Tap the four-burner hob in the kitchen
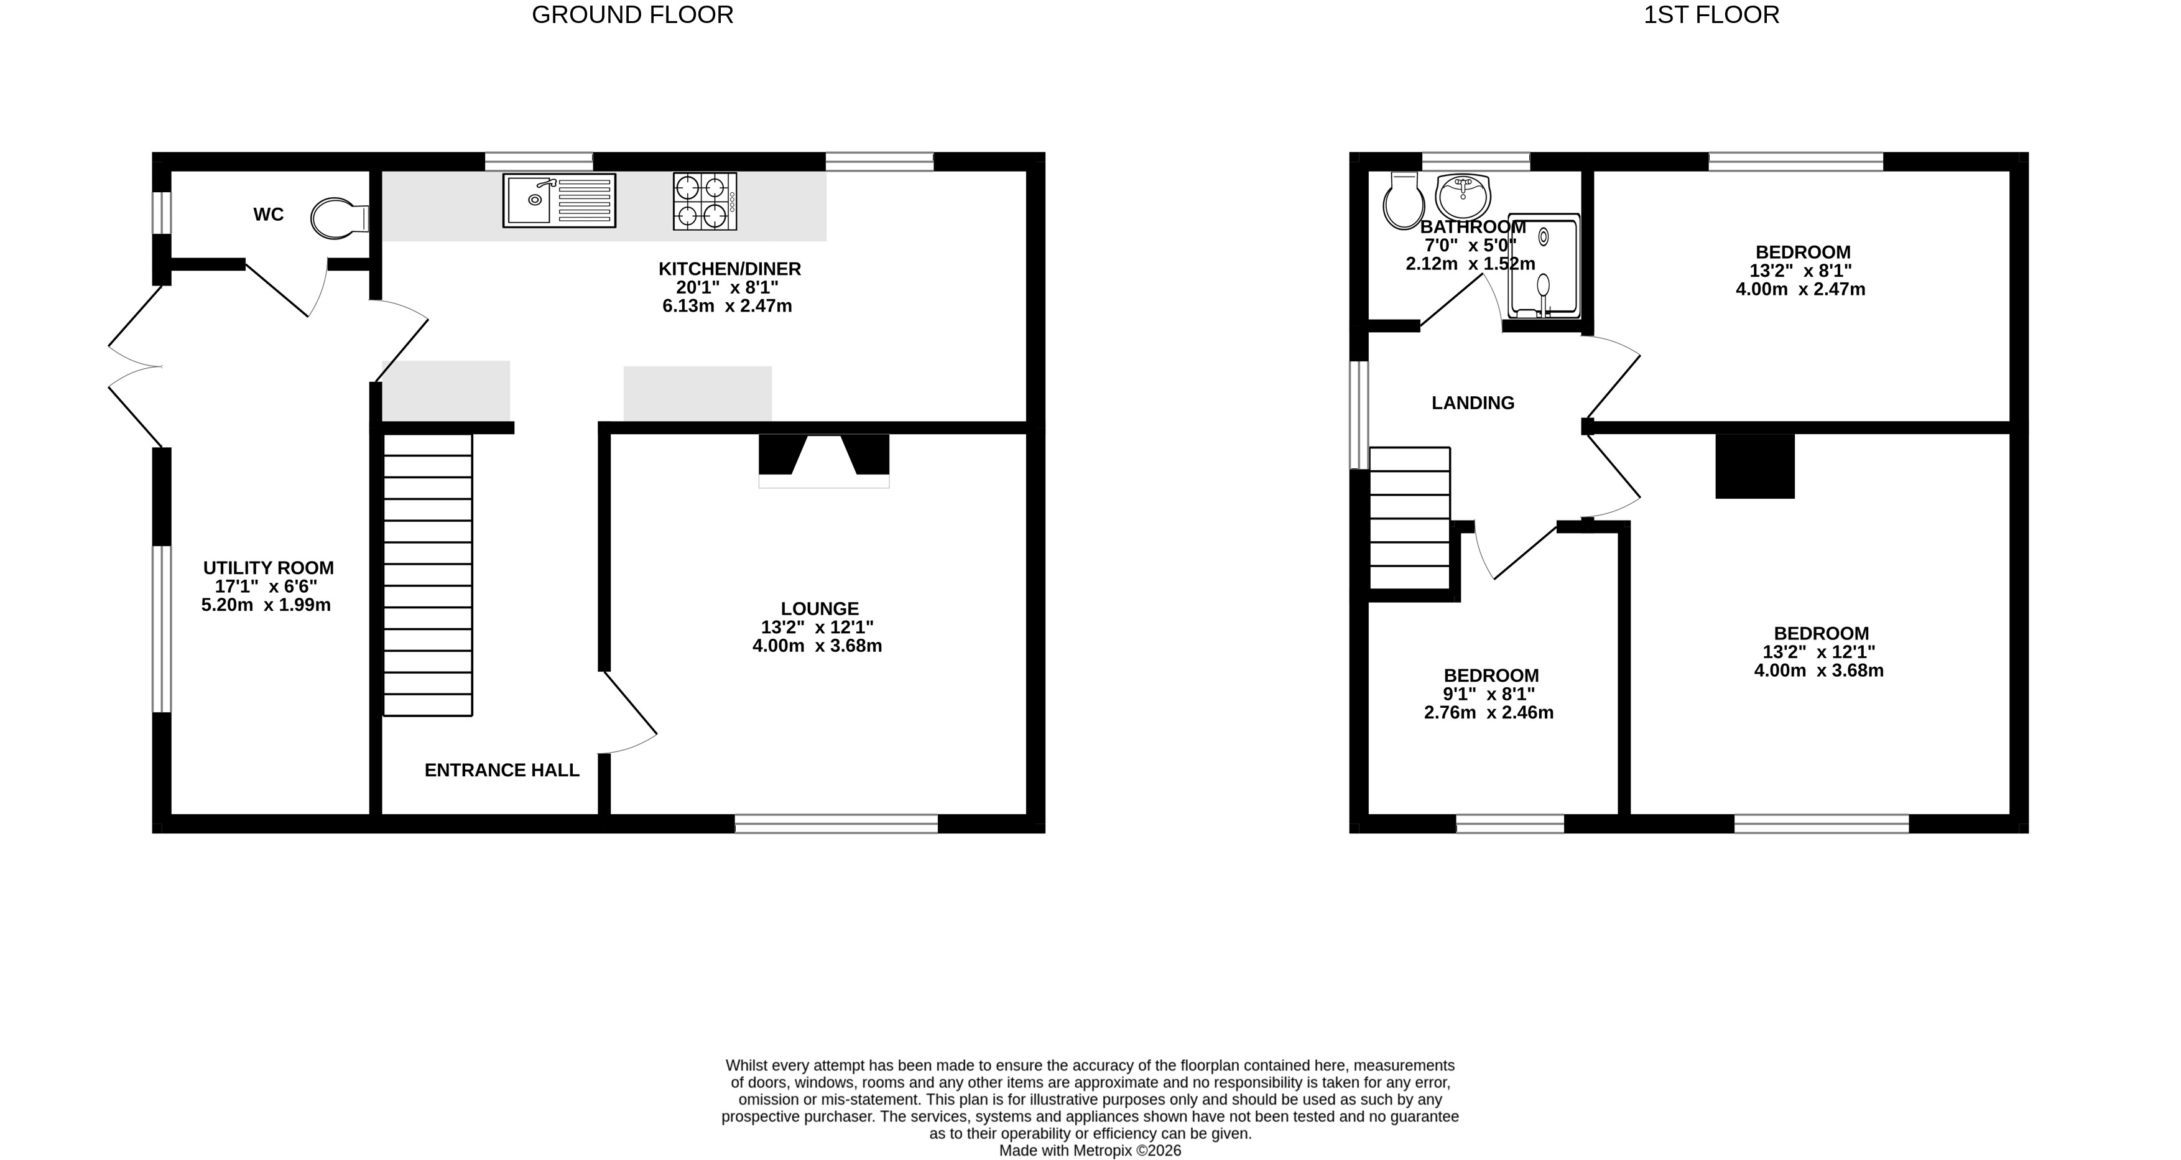pos(705,202)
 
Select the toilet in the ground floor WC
pos(340,218)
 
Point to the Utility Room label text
pos(269,568)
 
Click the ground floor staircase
pos(428,575)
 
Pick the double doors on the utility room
pos(136,366)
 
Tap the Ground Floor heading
pos(632,16)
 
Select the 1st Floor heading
pos(1711,16)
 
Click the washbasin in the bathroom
pos(1463,197)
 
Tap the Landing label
pos(1473,404)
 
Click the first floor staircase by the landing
pos(1410,517)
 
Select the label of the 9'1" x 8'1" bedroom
pos(1491,675)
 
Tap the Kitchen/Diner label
pos(730,269)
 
